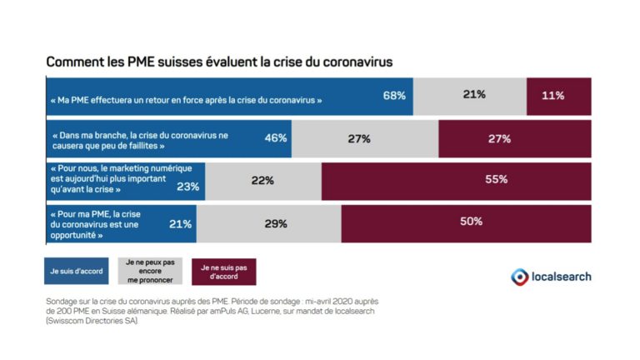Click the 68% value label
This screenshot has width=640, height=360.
pyautogui.click(x=394, y=96)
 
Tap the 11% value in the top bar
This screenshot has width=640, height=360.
pyautogui.click(x=552, y=96)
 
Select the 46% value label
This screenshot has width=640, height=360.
pyautogui.click(x=276, y=138)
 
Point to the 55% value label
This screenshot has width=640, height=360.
pyautogui.click(x=497, y=179)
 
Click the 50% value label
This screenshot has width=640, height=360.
pyautogui.click(x=471, y=222)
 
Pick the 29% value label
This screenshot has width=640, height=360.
pyautogui.click(x=276, y=223)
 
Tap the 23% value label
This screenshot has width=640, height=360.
pyautogui.click(x=187, y=187)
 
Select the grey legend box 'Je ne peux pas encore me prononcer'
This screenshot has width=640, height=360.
pyautogui.click(x=150, y=271)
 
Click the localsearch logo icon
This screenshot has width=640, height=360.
pyautogui.click(x=519, y=276)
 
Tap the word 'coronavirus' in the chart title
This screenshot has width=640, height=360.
pyautogui.click(x=351, y=62)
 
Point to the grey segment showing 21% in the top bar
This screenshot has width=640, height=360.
pyautogui.click(x=474, y=96)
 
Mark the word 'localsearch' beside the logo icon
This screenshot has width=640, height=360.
pyautogui.click(x=562, y=276)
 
